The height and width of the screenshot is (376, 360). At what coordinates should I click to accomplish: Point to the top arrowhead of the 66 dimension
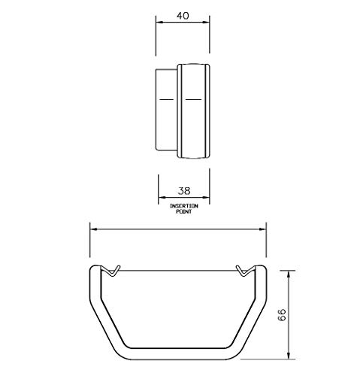pos(289,268)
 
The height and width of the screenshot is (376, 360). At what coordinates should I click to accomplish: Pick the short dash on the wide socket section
pos(194,99)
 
